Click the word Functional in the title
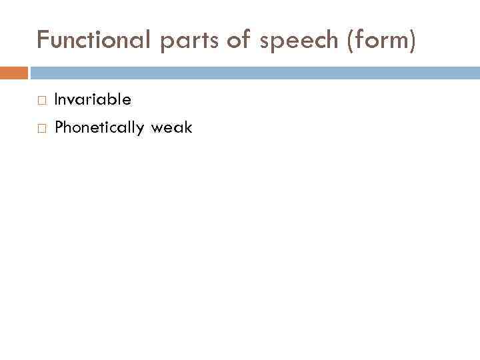(x=95, y=41)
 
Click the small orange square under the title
(x=14, y=72)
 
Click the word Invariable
(x=93, y=100)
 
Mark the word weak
(x=172, y=127)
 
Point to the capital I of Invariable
(x=56, y=100)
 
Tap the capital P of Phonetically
(x=59, y=127)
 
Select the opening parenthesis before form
(x=349, y=42)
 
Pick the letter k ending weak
(x=189, y=127)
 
